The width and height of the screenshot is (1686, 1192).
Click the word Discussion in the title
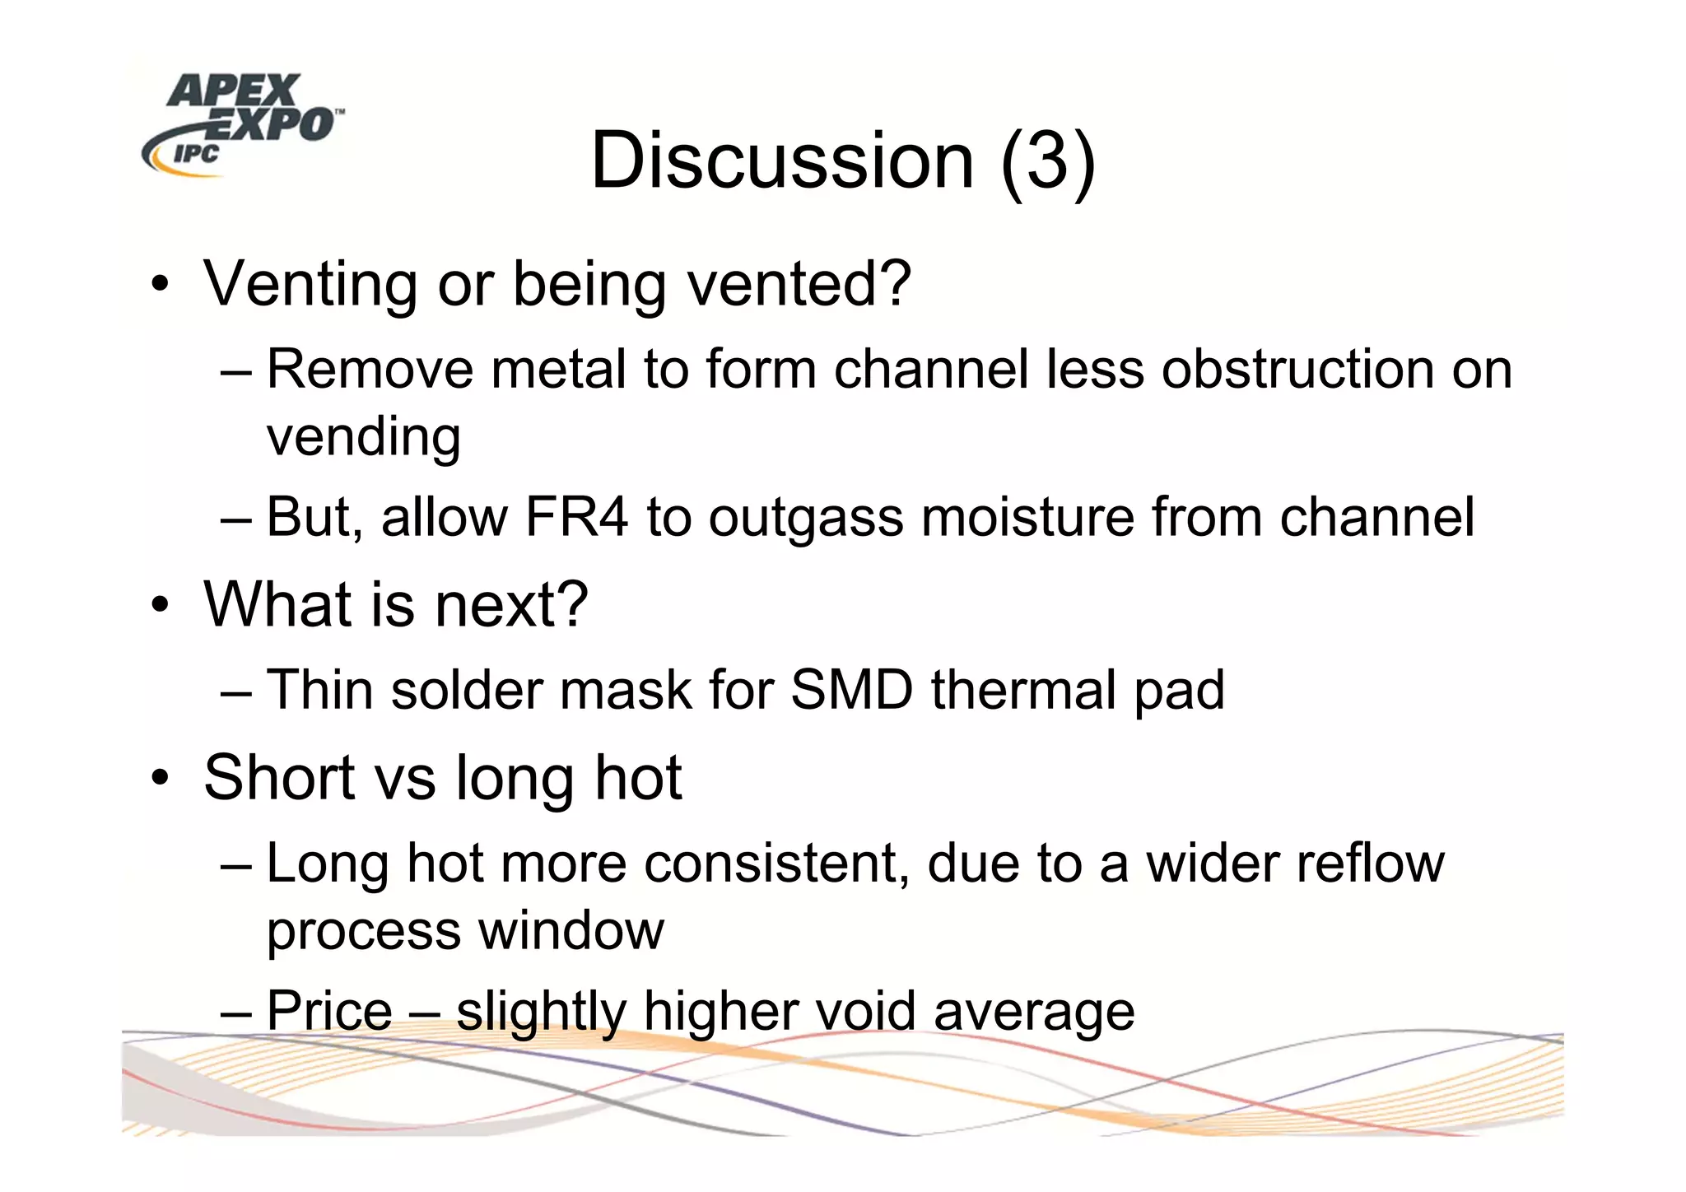tap(782, 161)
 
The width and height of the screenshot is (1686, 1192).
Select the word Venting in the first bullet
tap(310, 284)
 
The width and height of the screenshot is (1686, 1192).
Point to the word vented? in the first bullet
tap(799, 284)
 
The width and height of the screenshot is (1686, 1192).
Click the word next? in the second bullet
tap(510, 605)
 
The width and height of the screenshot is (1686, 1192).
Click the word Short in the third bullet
tap(279, 778)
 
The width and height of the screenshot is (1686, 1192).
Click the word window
tap(571, 932)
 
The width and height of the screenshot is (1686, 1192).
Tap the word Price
tap(329, 1012)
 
